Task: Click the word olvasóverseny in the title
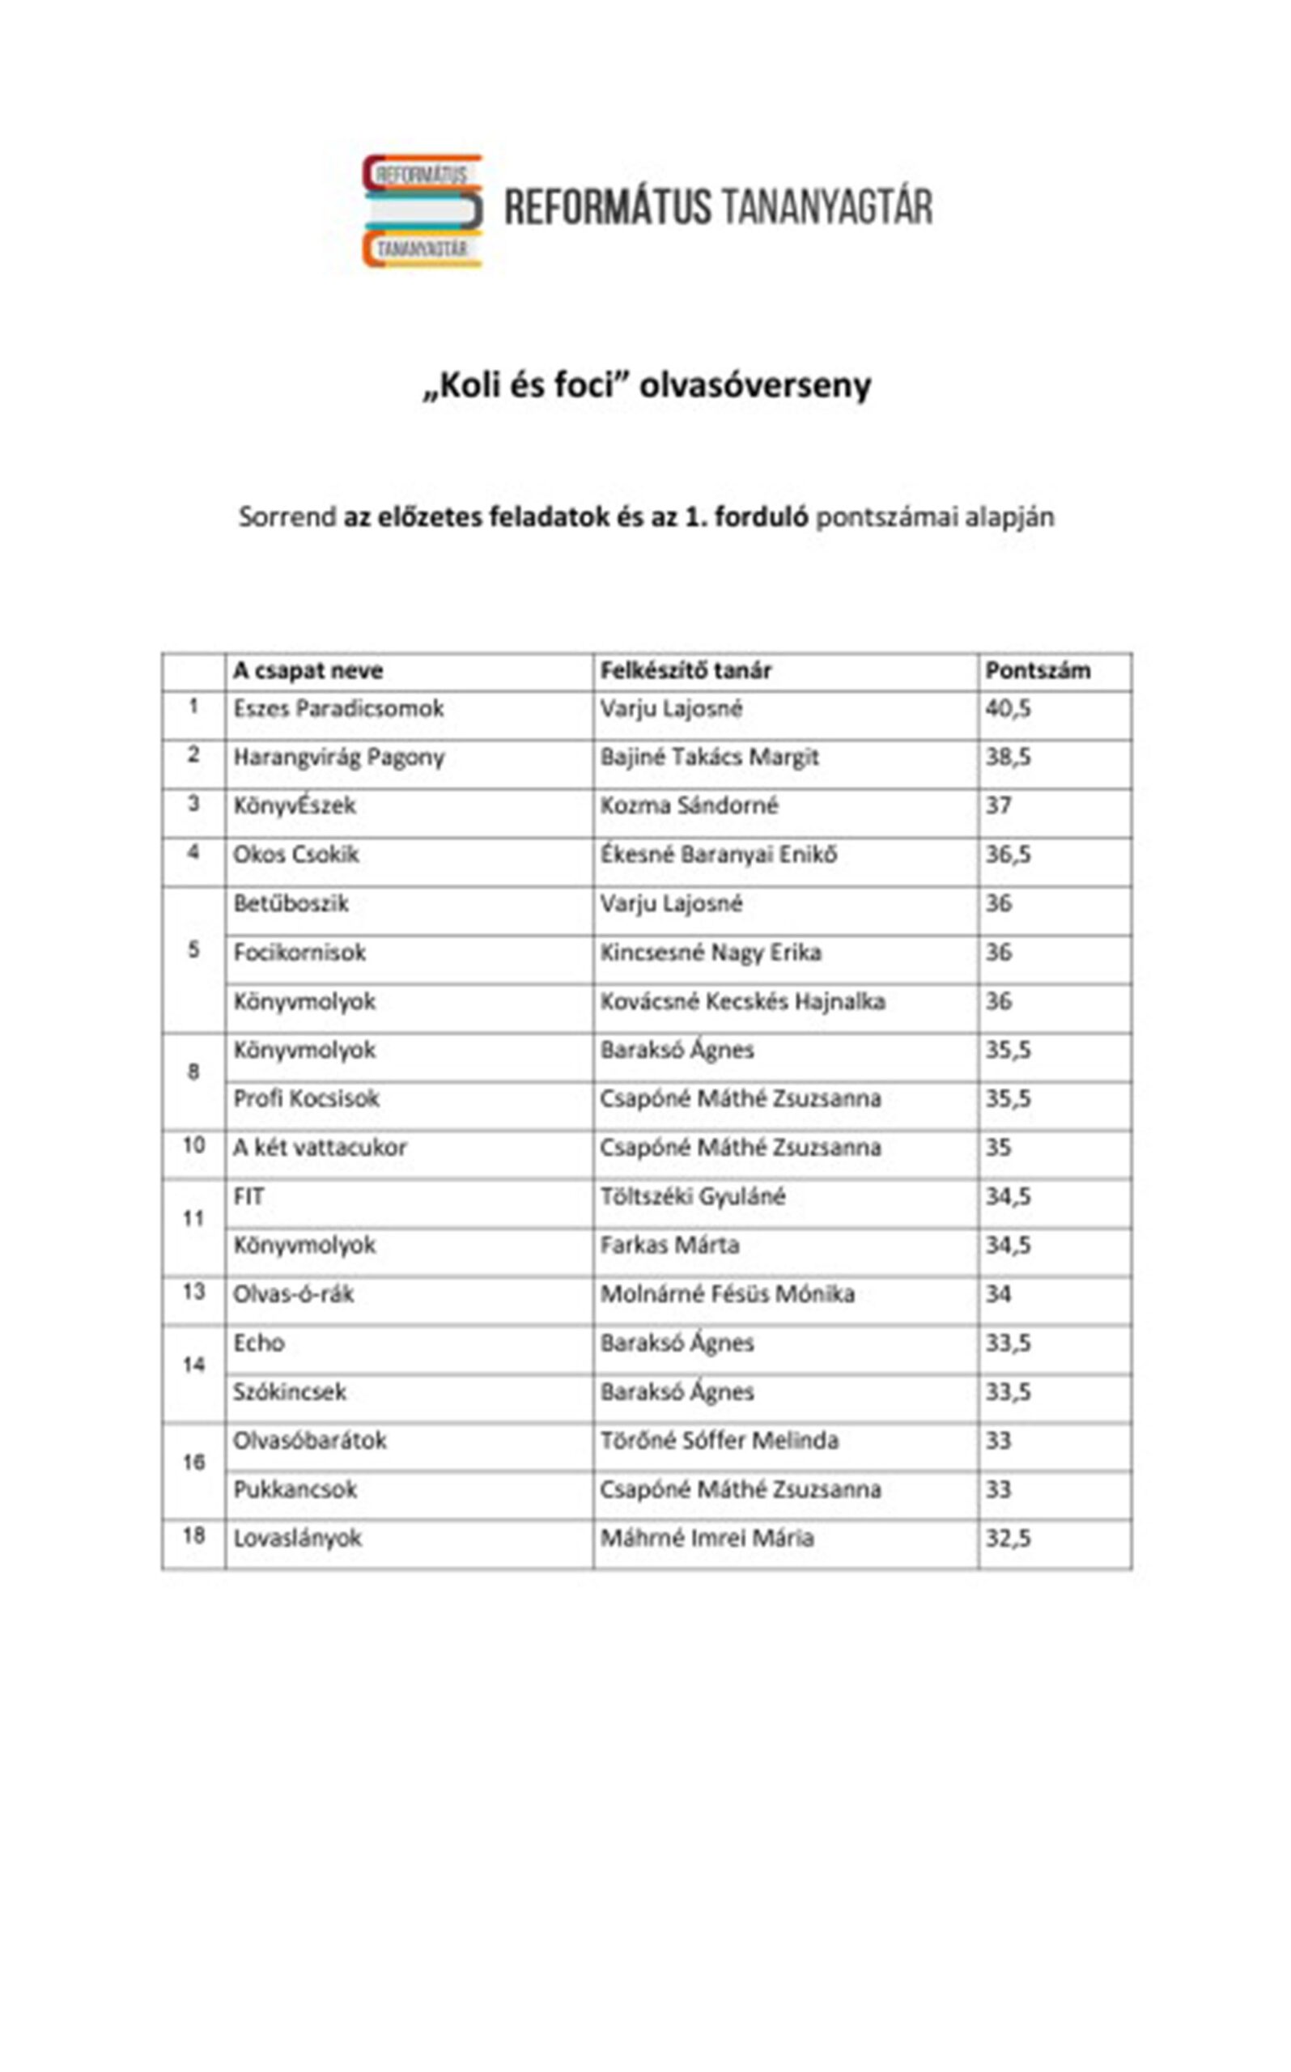click(x=755, y=386)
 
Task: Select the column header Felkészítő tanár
click(x=685, y=671)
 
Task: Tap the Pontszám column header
click(x=1038, y=671)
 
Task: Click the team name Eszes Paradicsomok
click(x=338, y=708)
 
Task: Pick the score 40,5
click(x=1008, y=708)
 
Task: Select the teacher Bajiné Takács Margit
click(x=709, y=758)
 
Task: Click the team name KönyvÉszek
click(x=295, y=806)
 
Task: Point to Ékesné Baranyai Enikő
click(x=718, y=855)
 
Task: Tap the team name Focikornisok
click(x=299, y=953)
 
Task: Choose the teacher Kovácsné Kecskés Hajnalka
click(x=742, y=1001)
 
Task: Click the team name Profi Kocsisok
click(x=306, y=1099)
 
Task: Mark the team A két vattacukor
click(x=321, y=1148)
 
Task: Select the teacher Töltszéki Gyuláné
click(x=693, y=1197)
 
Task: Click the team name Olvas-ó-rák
click(x=294, y=1294)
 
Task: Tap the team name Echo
click(x=259, y=1343)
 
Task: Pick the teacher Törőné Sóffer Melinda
click(x=719, y=1441)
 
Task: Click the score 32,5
click(x=1008, y=1539)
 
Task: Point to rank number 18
click(x=193, y=1536)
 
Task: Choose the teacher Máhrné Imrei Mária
click(x=707, y=1539)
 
